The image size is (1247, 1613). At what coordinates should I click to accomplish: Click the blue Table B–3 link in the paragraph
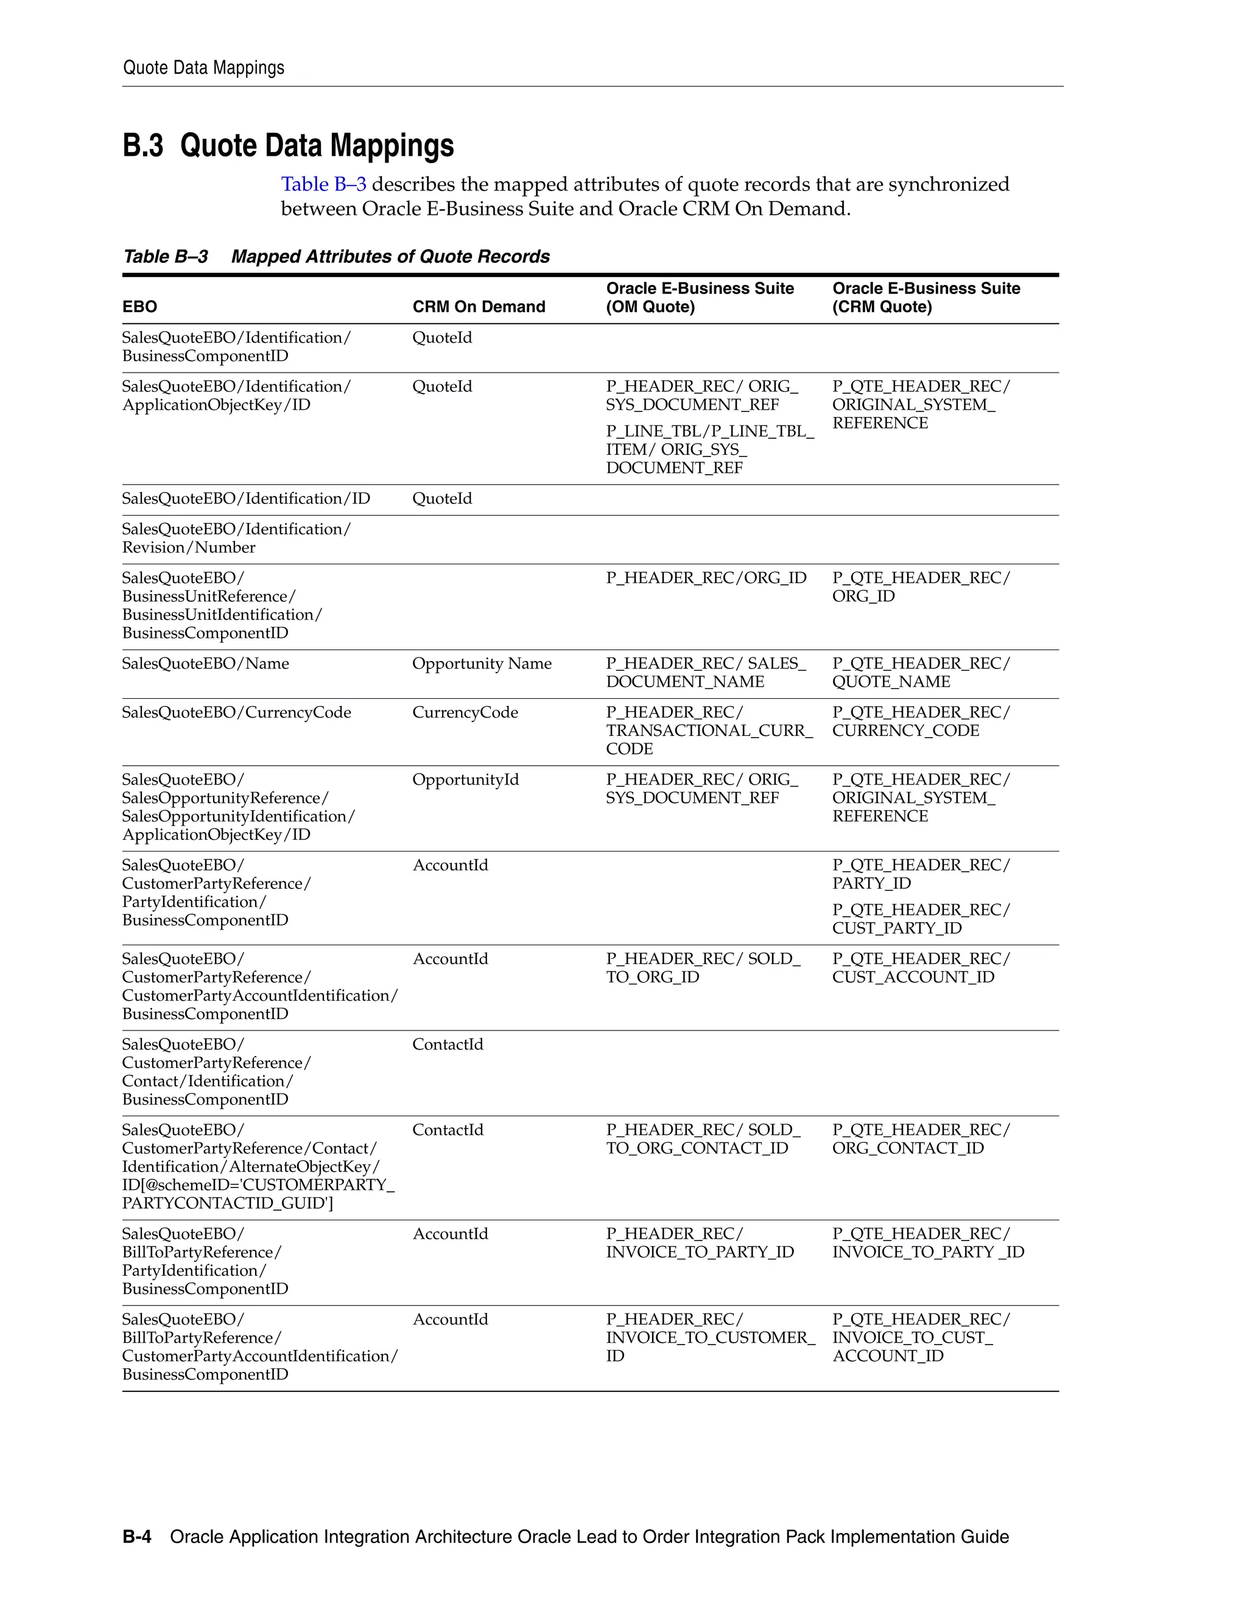pyautogui.click(x=323, y=184)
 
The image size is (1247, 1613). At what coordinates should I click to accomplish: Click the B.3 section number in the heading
pyautogui.click(x=142, y=145)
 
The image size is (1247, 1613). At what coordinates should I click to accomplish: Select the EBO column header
pyautogui.click(x=139, y=307)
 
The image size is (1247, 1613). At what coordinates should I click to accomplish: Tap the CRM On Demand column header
pyautogui.click(x=478, y=307)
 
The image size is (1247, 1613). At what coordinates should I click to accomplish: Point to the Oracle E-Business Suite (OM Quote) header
pyautogui.click(x=699, y=298)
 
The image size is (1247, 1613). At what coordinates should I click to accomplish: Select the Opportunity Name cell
pyautogui.click(x=482, y=663)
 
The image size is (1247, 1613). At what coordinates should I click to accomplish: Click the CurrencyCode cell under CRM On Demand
pyautogui.click(x=465, y=712)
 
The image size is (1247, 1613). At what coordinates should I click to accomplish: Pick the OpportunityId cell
pyautogui.click(x=465, y=779)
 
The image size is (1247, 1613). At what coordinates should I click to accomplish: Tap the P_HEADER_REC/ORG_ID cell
pyautogui.click(x=706, y=578)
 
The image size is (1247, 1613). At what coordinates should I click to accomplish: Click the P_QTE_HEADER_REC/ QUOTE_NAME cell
pyautogui.click(x=920, y=672)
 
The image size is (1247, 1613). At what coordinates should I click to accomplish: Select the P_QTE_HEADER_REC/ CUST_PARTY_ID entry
pyautogui.click(x=920, y=918)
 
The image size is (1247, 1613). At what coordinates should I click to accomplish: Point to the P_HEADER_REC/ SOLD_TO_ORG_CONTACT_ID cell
pyautogui.click(x=702, y=1139)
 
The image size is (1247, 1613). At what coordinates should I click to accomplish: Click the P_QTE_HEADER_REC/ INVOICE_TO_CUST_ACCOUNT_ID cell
pyautogui.click(x=920, y=1337)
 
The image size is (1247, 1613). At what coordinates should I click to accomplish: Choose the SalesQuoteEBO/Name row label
pyautogui.click(x=205, y=663)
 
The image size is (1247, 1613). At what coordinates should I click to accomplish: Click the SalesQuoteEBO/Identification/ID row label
pyautogui.click(x=246, y=499)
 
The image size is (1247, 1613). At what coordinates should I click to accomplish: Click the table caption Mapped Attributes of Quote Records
pyautogui.click(x=390, y=256)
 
